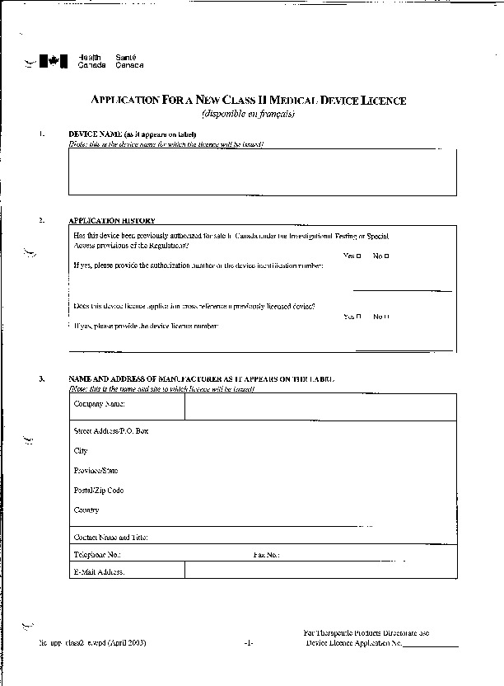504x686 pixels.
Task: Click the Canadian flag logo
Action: point(54,60)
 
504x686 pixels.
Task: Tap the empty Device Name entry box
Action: point(262,172)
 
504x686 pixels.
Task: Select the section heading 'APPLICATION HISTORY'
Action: point(112,221)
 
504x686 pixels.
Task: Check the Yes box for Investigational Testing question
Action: point(359,256)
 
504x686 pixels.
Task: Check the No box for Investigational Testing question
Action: point(386,256)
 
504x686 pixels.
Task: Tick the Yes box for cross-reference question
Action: point(359,317)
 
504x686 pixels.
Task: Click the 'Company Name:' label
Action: point(99,404)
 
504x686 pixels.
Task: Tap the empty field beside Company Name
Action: point(320,406)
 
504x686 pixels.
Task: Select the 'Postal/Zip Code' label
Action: point(99,491)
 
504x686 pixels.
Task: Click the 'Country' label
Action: point(86,510)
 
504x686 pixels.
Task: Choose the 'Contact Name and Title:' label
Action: point(111,538)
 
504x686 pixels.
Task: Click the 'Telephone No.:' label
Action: point(97,555)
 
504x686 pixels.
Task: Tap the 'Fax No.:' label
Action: point(266,555)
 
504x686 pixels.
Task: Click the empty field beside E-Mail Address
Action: point(320,571)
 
